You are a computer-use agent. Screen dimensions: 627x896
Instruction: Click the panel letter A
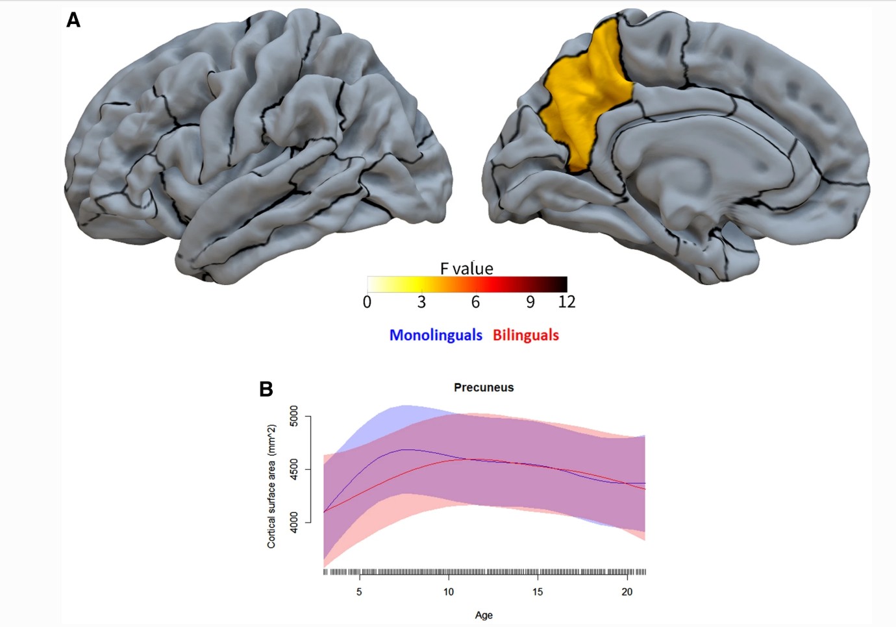[x=73, y=21]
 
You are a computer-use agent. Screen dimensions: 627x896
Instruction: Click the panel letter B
[x=266, y=389]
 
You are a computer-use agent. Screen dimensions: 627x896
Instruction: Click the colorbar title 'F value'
[x=466, y=268]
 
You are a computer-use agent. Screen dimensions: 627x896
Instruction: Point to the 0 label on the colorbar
[x=367, y=302]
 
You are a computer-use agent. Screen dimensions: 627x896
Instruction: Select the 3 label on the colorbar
[x=421, y=302]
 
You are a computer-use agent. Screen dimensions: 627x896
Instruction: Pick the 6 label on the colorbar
[x=475, y=302]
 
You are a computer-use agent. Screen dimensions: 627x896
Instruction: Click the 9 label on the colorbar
[x=530, y=302]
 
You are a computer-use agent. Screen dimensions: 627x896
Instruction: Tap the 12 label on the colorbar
[x=566, y=302]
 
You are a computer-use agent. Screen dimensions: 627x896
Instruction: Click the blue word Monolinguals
[x=436, y=335]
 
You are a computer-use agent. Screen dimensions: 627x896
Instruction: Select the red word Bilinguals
[x=525, y=335]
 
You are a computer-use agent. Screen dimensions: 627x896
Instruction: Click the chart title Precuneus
[x=484, y=387]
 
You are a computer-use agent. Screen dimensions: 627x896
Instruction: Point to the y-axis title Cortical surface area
[x=272, y=486]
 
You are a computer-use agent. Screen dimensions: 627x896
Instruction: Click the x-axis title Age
[x=484, y=615]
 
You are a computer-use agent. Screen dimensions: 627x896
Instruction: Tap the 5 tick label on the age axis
[x=359, y=591]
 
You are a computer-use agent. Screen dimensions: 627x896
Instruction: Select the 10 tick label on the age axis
[x=448, y=591]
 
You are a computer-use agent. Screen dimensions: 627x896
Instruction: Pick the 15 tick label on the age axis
[x=538, y=591]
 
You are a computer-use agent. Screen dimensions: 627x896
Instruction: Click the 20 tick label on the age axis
[x=627, y=591]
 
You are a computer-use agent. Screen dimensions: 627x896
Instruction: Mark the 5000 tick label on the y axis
[x=294, y=416]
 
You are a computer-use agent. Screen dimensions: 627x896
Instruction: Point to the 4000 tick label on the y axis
[x=294, y=522]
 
